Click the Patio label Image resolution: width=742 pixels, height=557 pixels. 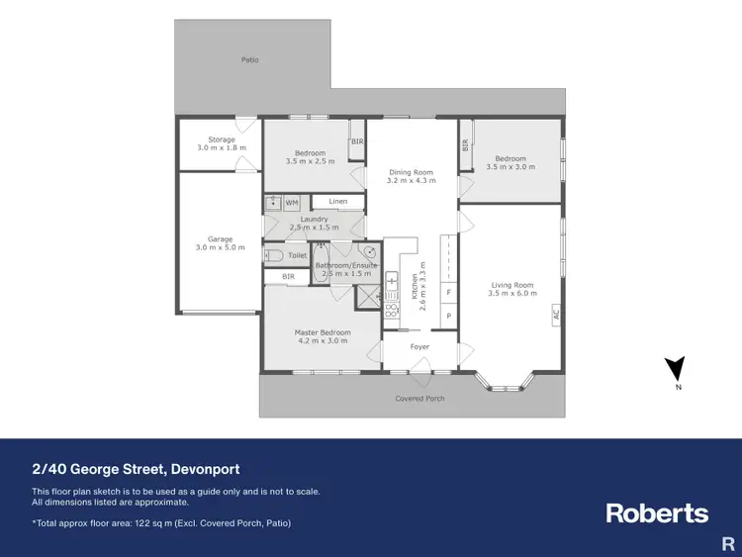click(x=250, y=60)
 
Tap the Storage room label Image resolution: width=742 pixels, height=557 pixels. click(x=222, y=139)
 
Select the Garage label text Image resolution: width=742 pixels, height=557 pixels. click(x=221, y=239)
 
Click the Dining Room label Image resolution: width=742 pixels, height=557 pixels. click(x=410, y=173)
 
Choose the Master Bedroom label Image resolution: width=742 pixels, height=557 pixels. click(x=323, y=332)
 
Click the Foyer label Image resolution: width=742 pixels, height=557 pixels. click(x=419, y=346)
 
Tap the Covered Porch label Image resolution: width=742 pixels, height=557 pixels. click(x=420, y=399)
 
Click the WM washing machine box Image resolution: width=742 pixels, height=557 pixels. click(x=292, y=203)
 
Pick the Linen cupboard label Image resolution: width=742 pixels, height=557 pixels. click(x=338, y=202)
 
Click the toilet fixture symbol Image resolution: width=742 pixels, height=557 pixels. click(x=274, y=255)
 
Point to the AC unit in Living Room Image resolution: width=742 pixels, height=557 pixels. click(x=556, y=314)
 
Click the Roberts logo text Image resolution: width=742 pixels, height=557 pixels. click(x=656, y=513)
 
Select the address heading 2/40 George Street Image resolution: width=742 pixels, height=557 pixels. click(x=136, y=469)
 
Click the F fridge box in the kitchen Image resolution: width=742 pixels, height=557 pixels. click(x=448, y=293)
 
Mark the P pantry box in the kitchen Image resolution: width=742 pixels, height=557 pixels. click(x=448, y=316)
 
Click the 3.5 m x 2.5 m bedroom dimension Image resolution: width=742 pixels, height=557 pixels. click(x=310, y=161)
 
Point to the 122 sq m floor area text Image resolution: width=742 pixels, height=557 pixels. click(x=161, y=522)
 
